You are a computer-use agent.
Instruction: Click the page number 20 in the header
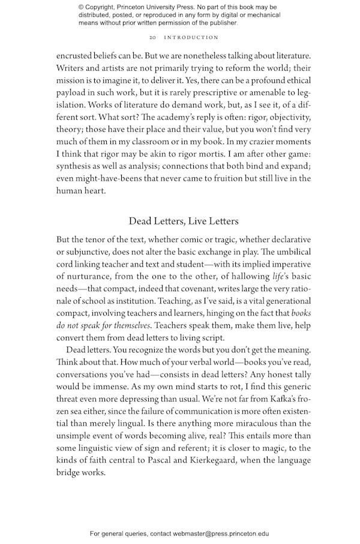tap(153, 37)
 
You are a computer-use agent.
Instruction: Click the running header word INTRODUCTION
tap(186, 37)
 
